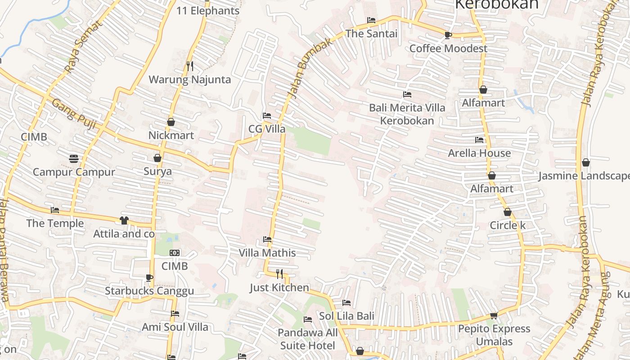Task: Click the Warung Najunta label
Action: pyautogui.click(x=189, y=80)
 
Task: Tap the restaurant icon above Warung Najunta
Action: pyautogui.click(x=189, y=66)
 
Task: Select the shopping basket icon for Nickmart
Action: pyautogui.click(x=171, y=122)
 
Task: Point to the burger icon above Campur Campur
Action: pyautogui.click(x=74, y=158)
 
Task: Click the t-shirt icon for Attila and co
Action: pyautogui.click(x=124, y=220)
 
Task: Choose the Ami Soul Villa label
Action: pyautogui.click(x=175, y=327)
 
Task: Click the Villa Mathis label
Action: pyautogui.click(x=267, y=252)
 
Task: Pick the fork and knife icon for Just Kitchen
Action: pyautogui.click(x=279, y=274)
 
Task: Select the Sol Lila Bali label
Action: pyautogui.click(x=346, y=316)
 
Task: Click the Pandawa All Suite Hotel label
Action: pyautogui.click(x=307, y=339)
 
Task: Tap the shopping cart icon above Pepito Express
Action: pyautogui.click(x=494, y=315)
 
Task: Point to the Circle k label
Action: pyautogui.click(x=508, y=225)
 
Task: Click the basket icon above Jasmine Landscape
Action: pyautogui.click(x=586, y=162)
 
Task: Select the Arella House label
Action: pyautogui.click(x=479, y=153)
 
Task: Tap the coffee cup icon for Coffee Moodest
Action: pyautogui.click(x=448, y=35)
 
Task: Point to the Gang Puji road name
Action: pyautogui.click(x=73, y=114)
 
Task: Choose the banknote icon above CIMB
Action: pyautogui.click(x=175, y=253)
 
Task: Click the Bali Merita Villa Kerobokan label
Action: pyautogui.click(x=407, y=114)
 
